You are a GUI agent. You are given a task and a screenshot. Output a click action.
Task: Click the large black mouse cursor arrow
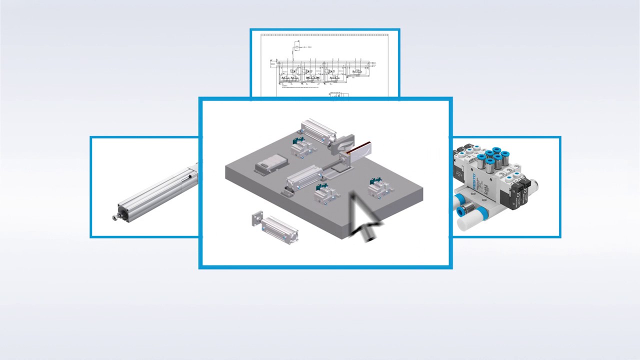pos(364,218)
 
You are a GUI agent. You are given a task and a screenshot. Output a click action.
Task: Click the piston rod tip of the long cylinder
pos(115,217)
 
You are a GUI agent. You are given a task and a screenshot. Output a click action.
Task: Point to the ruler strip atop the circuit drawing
pos(324,35)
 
